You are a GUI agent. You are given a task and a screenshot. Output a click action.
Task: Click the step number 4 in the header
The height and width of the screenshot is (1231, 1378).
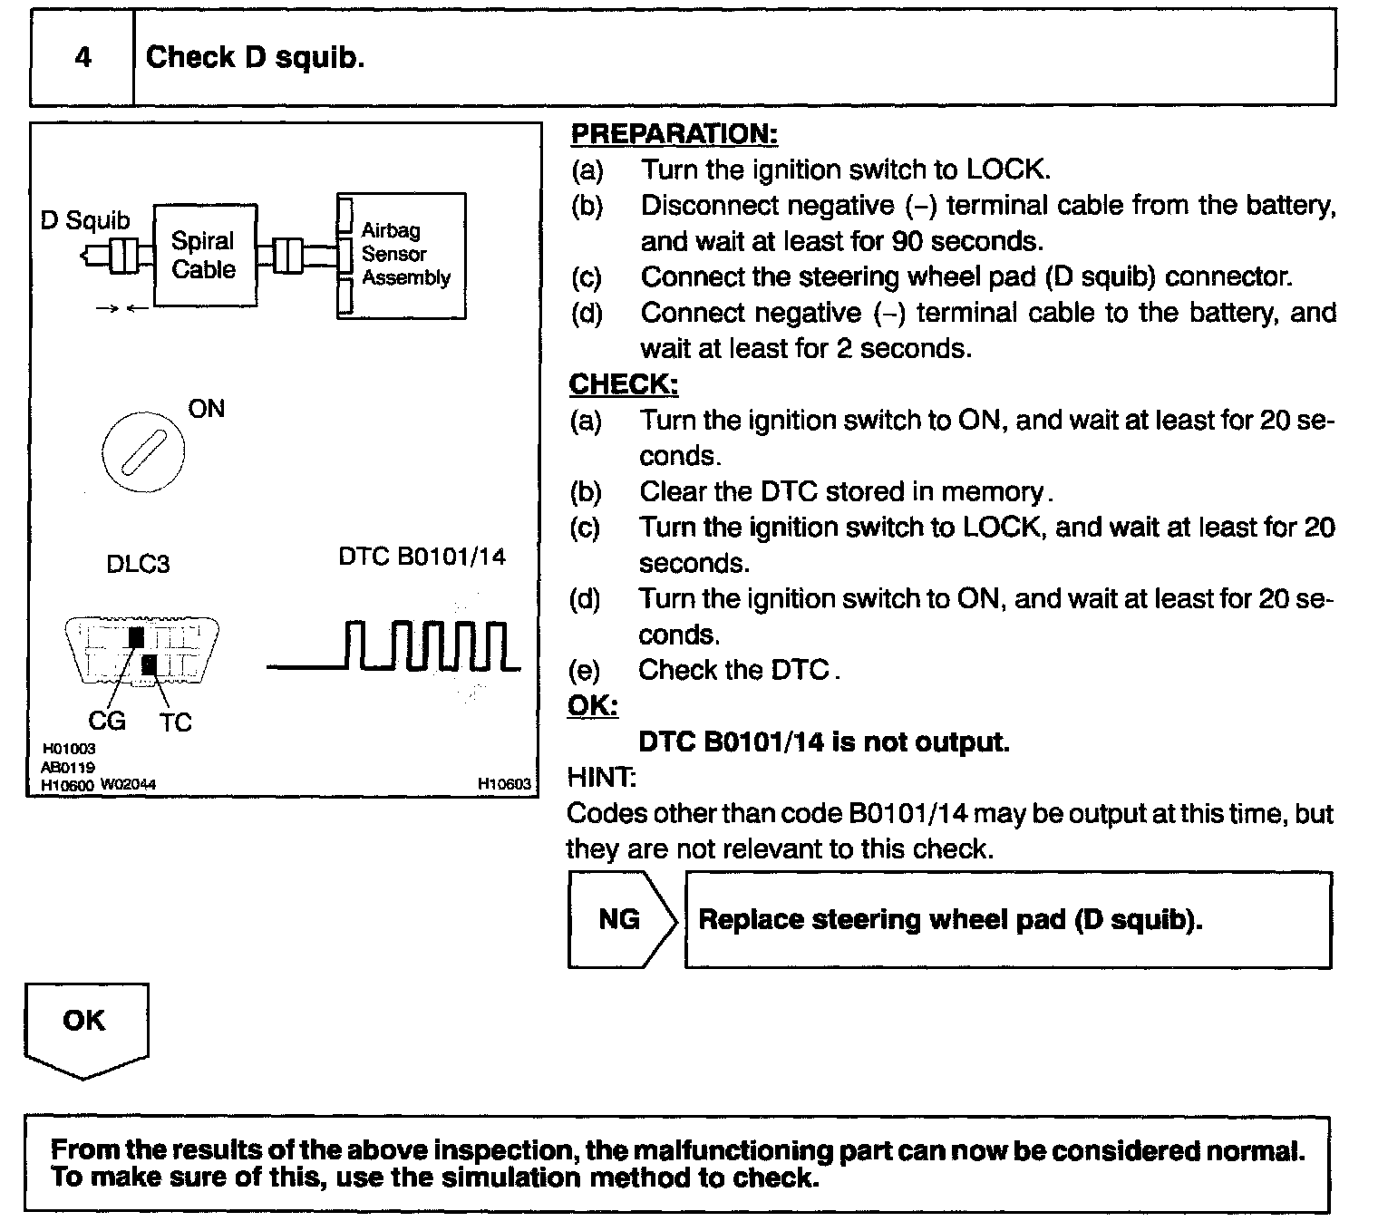coord(82,58)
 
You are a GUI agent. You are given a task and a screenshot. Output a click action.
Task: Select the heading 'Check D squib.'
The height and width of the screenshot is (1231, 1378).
coord(255,58)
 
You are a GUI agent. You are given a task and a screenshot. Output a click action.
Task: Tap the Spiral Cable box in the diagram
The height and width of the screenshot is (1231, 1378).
coord(204,255)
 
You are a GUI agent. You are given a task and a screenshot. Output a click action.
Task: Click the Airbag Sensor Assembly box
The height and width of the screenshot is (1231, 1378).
coord(403,255)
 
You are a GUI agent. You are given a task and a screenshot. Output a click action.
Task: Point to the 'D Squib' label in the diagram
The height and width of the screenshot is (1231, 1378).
coord(85,220)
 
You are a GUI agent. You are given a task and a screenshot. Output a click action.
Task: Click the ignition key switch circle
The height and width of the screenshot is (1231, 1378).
coord(143,451)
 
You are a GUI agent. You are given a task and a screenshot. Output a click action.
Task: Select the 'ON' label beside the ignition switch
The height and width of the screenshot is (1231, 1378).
coord(207,409)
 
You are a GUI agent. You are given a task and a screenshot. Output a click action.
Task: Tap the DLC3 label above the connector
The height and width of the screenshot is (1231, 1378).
coord(138,564)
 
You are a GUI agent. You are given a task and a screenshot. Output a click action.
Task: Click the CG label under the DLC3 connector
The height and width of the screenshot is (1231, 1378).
coord(106,722)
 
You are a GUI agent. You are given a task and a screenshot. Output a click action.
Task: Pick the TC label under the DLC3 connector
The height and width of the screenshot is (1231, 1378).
coord(176,722)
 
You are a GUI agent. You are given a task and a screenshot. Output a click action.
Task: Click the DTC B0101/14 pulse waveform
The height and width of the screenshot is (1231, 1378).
coord(395,647)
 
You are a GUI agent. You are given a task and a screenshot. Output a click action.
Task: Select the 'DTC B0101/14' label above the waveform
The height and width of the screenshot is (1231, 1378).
coord(422,556)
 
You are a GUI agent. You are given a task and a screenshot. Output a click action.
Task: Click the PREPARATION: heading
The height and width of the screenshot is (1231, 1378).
coord(674,134)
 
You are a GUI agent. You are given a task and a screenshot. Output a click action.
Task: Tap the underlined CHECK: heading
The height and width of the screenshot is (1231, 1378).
coord(624,384)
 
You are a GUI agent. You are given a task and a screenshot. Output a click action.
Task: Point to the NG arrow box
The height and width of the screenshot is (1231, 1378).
coord(621,919)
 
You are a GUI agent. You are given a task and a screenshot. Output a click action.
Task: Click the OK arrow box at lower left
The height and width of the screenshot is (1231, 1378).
coord(85,1027)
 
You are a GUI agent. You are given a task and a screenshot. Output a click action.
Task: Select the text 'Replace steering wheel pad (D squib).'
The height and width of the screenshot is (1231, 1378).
coord(950,919)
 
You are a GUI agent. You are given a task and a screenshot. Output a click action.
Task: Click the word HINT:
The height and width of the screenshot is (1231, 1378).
coord(601,778)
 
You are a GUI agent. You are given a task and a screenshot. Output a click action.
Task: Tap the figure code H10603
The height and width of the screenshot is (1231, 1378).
coord(504,784)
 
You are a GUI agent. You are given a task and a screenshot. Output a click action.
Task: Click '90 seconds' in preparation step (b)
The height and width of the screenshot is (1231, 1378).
coord(967,241)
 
